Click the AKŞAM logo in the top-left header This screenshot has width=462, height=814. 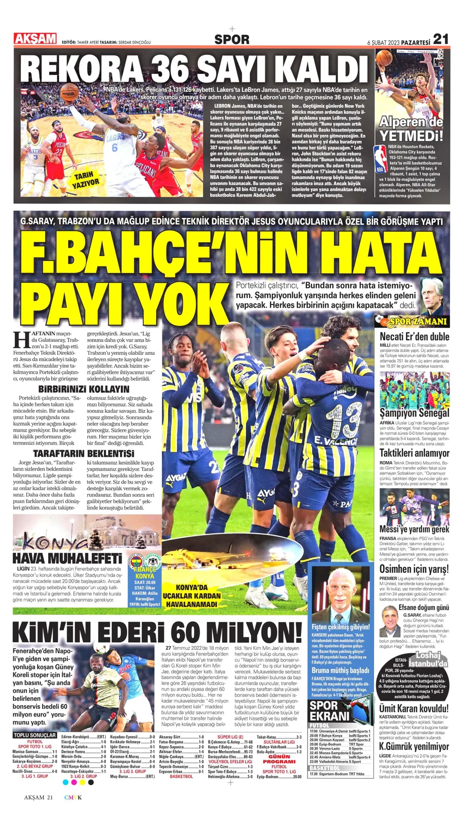click(x=35, y=39)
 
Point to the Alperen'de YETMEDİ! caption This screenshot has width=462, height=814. click(x=411, y=129)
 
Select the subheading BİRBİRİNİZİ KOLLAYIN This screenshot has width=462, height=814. click(x=83, y=389)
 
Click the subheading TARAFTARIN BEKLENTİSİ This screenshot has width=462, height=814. click(x=83, y=454)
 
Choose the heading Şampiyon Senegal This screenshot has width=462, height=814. click(x=414, y=413)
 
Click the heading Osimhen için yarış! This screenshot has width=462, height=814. click(x=414, y=569)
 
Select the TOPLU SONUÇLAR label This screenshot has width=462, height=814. click(x=35, y=735)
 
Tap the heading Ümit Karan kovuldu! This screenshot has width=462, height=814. click(x=414, y=708)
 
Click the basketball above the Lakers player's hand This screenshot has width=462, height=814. click(x=69, y=93)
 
